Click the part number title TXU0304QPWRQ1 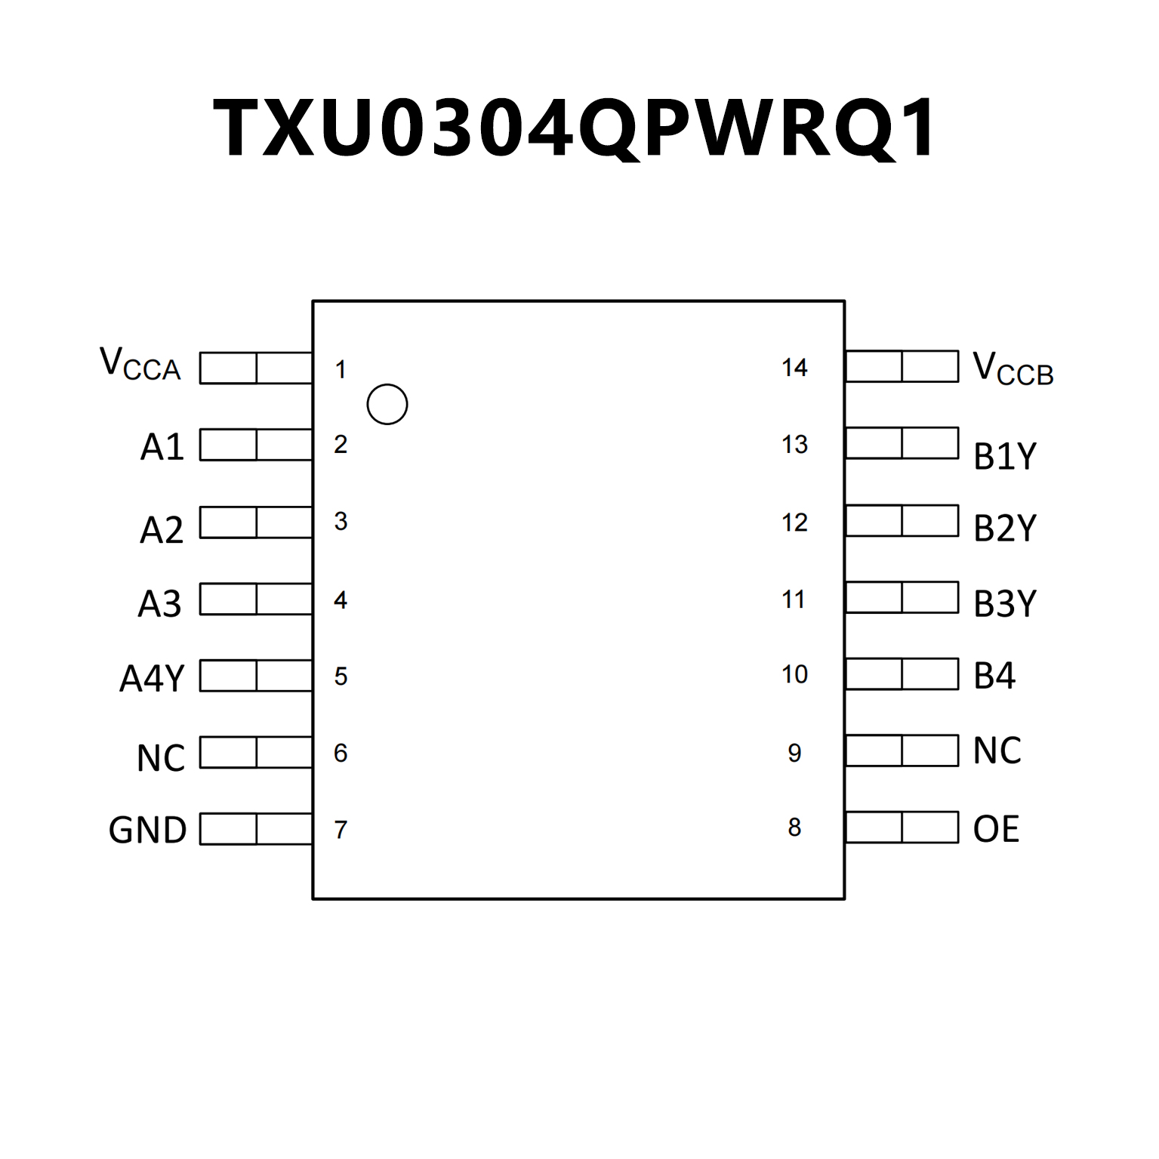point(575,128)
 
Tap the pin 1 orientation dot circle point(387,404)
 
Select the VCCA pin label point(140,365)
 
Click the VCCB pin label point(1013,369)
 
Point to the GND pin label point(147,830)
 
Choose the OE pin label point(996,829)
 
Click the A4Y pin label point(152,678)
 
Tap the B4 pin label point(994,676)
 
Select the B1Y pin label point(1005,456)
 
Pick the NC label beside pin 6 point(161,758)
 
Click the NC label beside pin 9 point(997,751)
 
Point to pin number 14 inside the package point(794,368)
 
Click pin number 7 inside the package point(341,830)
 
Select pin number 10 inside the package point(794,674)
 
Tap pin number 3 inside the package point(341,522)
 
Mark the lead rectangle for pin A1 point(256,445)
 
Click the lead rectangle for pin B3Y point(902,597)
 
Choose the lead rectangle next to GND point(256,829)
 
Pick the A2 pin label point(162,530)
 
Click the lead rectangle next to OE point(902,828)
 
